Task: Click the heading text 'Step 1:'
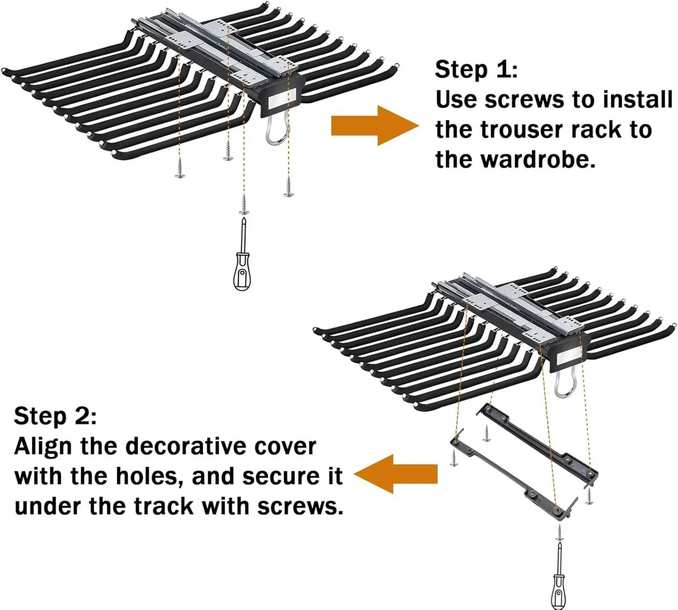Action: [x=476, y=70]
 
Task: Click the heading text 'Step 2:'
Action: [x=55, y=417]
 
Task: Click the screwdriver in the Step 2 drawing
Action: [x=558, y=577]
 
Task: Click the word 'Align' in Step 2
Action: [x=43, y=447]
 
